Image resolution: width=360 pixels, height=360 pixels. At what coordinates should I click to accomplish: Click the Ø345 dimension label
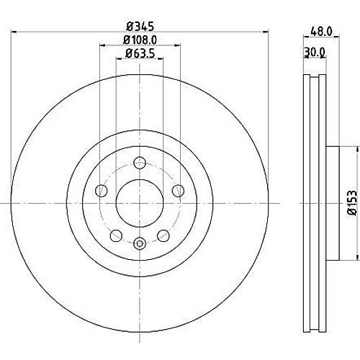140,26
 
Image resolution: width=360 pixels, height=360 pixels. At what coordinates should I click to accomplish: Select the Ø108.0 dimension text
140,40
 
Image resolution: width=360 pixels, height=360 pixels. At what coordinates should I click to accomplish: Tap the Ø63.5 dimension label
140,53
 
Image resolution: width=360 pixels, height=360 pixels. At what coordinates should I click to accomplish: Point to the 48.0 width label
321,32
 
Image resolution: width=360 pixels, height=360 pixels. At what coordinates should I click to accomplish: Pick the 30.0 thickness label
315,52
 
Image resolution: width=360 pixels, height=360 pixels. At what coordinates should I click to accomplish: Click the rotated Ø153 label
353,203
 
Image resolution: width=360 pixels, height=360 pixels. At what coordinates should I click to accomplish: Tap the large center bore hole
140,203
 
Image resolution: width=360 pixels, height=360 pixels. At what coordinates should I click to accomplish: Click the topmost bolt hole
140,163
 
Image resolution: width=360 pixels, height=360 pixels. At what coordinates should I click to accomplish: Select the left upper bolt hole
102,191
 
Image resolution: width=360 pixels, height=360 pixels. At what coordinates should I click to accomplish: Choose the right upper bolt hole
178,191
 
